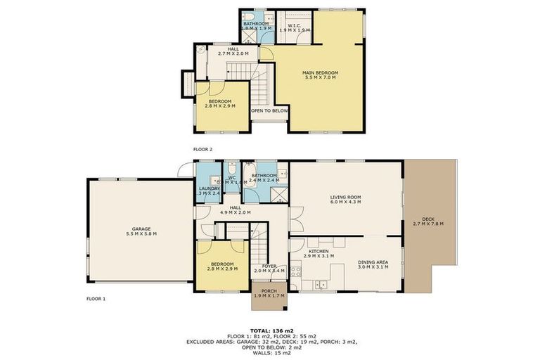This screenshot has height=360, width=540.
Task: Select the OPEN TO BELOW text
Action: click(270, 110)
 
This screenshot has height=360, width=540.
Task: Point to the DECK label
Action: click(428, 221)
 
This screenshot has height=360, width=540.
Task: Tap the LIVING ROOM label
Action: click(345, 199)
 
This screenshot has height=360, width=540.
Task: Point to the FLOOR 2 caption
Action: click(202, 150)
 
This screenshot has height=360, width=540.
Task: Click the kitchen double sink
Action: click(321, 284)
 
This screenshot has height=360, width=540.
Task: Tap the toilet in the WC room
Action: click(232, 169)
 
